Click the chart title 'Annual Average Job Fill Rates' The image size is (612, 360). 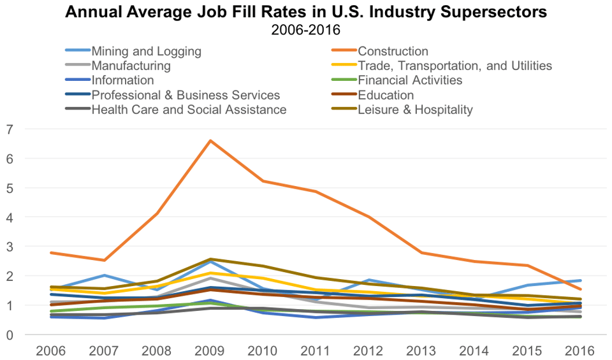pos(306,12)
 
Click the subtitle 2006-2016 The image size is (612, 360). pos(305,29)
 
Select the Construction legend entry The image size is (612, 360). pos(393,51)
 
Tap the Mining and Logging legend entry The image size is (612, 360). pos(146,51)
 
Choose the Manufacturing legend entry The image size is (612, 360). pos(131,66)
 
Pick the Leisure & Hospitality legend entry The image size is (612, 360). pos(415,110)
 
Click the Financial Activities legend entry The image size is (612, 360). pos(410,80)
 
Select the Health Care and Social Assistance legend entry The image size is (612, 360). pos(189,110)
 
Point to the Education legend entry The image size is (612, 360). pos(386,95)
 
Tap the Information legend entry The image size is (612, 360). pos(122,80)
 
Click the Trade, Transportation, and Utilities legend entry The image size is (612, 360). pos(455,66)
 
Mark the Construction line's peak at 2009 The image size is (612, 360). pos(210,141)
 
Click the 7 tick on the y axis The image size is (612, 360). pos(9,129)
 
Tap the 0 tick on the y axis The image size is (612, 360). pos(9,335)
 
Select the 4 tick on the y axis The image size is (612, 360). pos(9,217)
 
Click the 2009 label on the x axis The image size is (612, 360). pos(210,350)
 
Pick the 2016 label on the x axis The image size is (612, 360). pos(579,350)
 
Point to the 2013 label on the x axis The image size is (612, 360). pos(421,350)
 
